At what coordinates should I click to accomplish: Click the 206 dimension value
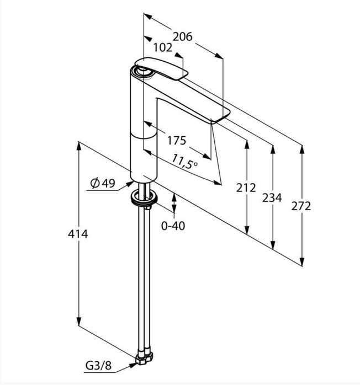point(183,37)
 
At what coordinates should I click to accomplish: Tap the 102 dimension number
point(163,47)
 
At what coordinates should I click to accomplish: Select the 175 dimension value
point(177,141)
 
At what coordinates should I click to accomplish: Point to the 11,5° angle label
point(184,162)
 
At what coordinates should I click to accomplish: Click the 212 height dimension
point(246,188)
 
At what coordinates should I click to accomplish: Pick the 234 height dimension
point(272,197)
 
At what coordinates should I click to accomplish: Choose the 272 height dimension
point(301,206)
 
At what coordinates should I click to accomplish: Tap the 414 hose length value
point(78,234)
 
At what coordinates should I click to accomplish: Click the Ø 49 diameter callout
point(103,183)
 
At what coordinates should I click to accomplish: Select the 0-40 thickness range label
point(173,226)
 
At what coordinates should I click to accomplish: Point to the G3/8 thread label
point(98,366)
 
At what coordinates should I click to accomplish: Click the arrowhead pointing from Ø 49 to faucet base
point(130,184)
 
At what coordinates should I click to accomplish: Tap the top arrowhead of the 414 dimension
point(78,146)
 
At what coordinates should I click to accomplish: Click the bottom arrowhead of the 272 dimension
point(302,261)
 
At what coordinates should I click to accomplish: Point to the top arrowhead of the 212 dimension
point(247,145)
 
